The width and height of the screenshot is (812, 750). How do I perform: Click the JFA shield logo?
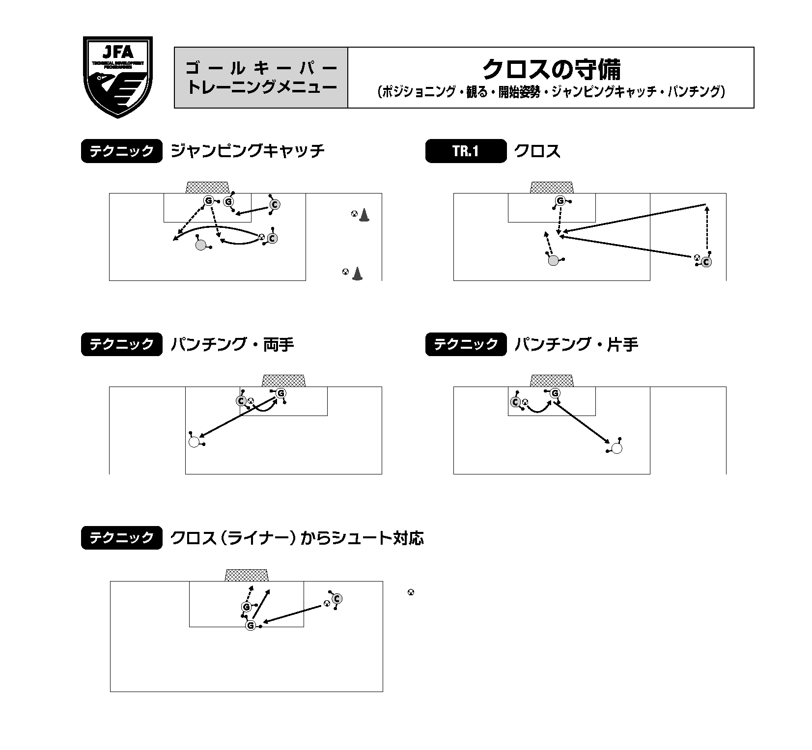click(118, 77)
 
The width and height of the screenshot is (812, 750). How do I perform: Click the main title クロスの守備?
click(551, 70)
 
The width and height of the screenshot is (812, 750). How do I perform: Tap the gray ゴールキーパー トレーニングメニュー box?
click(261, 78)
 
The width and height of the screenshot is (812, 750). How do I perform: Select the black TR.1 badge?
click(466, 151)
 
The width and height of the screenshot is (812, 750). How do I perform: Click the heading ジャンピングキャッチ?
click(248, 151)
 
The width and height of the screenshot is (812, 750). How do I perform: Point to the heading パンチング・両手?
click(232, 344)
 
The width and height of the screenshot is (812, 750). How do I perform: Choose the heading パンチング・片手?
click(577, 344)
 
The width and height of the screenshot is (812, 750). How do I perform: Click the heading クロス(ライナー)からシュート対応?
click(297, 538)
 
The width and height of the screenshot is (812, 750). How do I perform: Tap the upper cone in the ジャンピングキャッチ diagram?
click(364, 215)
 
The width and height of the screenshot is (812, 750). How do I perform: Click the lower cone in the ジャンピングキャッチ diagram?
click(358, 274)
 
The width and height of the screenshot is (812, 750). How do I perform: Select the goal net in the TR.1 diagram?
click(552, 188)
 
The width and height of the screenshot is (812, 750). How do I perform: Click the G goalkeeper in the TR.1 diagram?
click(560, 201)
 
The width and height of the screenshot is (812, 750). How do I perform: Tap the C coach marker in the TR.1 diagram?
click(706, 262)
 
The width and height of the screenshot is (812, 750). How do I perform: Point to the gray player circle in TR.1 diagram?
click(554, 261)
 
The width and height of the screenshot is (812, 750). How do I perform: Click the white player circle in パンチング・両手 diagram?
click(195, 442)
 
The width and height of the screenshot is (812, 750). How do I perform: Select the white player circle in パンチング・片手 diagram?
click(617, 448)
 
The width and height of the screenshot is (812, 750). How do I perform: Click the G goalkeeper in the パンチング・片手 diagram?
click(555, 393)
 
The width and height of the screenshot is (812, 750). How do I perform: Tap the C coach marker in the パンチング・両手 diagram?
click(241, 401)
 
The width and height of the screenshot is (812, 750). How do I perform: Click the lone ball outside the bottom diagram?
click(411, 592)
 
